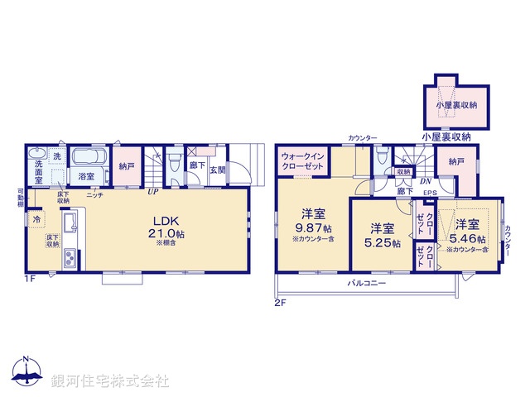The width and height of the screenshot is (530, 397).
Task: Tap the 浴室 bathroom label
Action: pos(86,176)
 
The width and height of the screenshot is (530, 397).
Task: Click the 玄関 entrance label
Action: pos(216,170)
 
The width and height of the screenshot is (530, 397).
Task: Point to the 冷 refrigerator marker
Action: pos(36,220)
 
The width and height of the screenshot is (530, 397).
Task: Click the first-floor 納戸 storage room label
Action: pos(125,167)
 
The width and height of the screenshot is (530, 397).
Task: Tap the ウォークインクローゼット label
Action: pos(301,160)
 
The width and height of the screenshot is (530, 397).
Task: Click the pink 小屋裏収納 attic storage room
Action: pos(455,106)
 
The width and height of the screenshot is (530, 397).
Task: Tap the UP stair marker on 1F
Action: pos(152,193)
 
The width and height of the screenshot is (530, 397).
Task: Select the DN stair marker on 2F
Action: pos(426,181)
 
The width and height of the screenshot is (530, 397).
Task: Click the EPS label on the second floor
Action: pos(430,194)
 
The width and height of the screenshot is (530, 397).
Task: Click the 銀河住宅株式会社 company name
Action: pos(110,381)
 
